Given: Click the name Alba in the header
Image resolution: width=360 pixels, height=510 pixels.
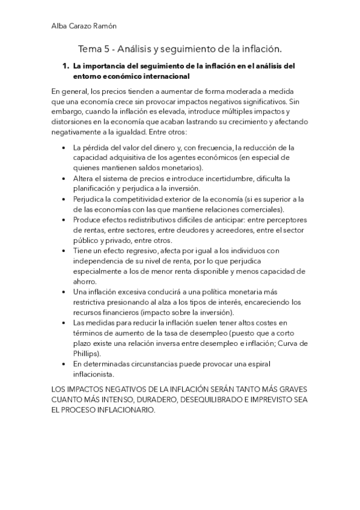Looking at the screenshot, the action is click(x=60, y=26).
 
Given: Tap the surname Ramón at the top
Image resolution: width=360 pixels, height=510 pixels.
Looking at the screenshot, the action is click(x=105, y=26).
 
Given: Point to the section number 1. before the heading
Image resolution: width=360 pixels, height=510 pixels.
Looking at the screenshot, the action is click(x=67, y=66).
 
